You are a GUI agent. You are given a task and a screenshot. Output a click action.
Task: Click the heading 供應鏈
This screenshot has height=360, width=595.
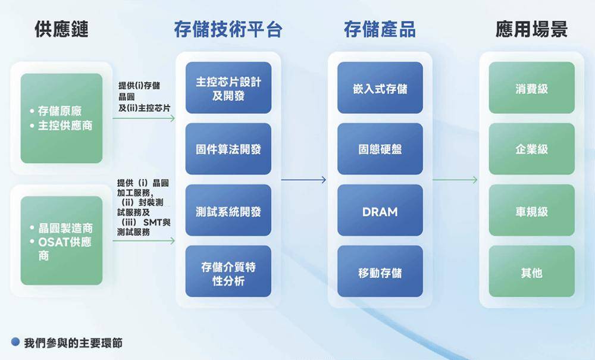pos(61,29)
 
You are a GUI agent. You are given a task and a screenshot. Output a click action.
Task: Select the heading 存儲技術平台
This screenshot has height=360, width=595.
pos(228,29)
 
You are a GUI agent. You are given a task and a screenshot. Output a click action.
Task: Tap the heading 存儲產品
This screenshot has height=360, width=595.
pos(380,29)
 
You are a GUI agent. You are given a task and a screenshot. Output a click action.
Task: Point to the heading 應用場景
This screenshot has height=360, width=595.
pos(531,29)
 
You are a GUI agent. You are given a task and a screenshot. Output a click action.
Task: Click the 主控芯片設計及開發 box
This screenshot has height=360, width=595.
pos(228,87)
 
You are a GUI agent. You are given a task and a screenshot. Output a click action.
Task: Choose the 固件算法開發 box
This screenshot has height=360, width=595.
pos(228,149)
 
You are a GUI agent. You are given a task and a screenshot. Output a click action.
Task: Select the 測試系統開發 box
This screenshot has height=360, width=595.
pos(228,210)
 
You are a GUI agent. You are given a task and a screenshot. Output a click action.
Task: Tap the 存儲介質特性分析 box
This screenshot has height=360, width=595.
pos(228,271)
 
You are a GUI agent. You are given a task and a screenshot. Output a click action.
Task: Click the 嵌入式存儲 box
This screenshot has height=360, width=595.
pos(380,87)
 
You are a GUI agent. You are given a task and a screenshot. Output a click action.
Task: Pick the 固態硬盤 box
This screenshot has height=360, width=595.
pos(380,149)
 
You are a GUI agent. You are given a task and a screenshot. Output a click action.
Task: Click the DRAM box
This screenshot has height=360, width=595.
pos(380,210)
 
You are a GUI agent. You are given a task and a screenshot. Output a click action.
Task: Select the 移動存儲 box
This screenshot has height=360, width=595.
pos(380,271)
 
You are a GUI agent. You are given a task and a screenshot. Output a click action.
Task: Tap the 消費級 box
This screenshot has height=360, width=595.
pos(531,87)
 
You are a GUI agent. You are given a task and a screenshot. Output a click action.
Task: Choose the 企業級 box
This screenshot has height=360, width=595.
pos(531,149)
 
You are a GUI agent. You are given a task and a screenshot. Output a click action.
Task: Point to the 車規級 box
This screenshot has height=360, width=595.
pos(531,210)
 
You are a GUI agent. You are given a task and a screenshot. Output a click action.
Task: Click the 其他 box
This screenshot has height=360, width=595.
pos(531,271)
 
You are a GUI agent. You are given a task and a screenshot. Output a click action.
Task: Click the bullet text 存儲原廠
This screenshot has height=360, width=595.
pos(60,111)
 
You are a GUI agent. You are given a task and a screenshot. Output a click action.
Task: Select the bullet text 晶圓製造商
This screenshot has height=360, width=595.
pos(65,228)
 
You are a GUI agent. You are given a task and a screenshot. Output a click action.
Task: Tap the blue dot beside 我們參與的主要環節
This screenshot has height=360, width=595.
pos(15,342)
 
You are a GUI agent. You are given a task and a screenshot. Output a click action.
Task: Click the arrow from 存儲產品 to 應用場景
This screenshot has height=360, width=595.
pos(455,180)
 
